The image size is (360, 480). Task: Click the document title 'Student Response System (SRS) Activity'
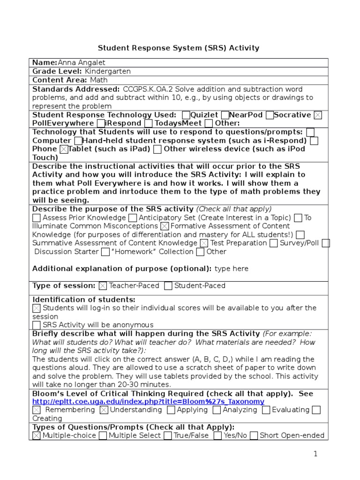(x=178, y=48)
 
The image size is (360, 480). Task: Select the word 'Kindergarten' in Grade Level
(x=108, y=71)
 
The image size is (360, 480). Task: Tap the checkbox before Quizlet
(x=186, y=115)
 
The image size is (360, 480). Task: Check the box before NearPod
(x=225, y=115)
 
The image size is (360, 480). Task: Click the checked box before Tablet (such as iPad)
(x=64, y=149)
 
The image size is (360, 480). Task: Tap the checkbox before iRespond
(x=101, y=124)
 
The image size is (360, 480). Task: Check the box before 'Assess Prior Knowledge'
(x=37, y=218)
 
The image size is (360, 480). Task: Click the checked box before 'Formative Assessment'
(x=165, y=226)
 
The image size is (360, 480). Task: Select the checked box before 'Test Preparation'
(x=204, y=243)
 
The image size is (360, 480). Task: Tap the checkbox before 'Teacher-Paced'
(x=103, y=286)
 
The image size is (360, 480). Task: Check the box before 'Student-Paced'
(x=168, y=286)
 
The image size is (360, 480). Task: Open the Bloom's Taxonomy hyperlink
(x=148, y=402)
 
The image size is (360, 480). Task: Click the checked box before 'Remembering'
(x=37, y=410)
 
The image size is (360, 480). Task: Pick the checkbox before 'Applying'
(x=171, y=410)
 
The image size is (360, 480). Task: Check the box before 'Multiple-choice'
(x=37, y=436)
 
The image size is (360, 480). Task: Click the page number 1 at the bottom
(x=315, y=454)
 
